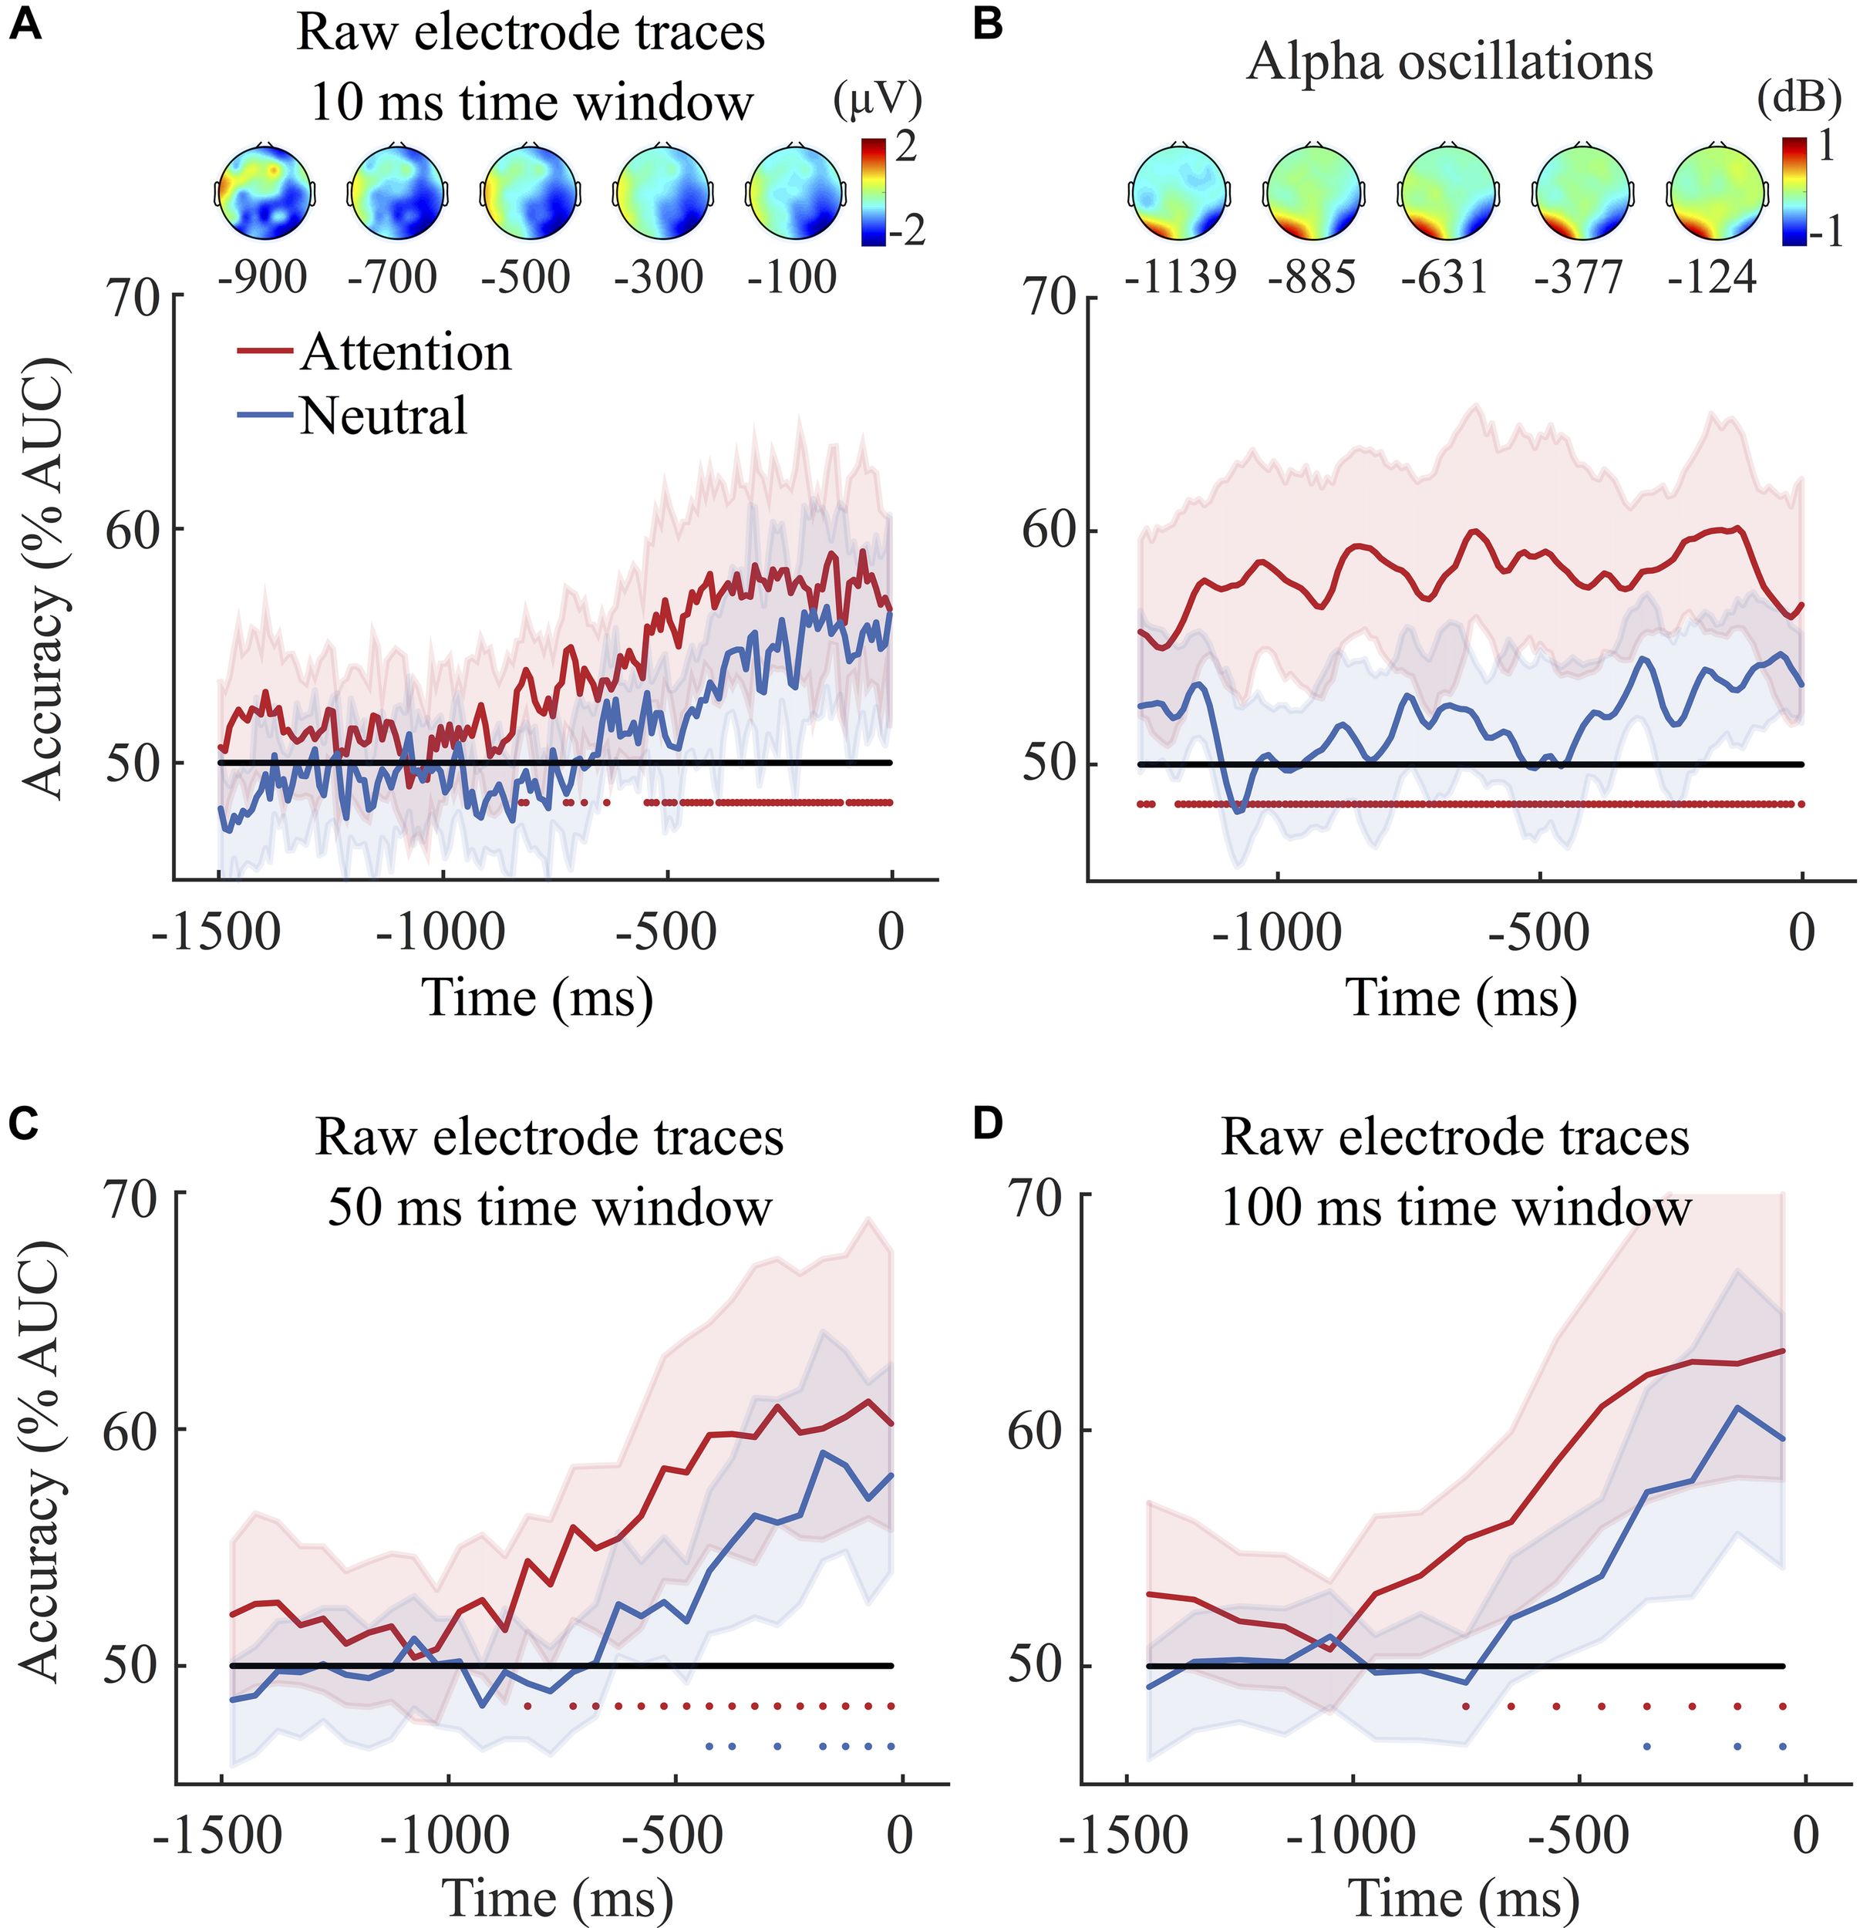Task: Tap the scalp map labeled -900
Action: (265, 192)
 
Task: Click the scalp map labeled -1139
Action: (1178, 192)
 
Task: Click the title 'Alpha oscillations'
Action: (1450, 62)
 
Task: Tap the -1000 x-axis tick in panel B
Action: (1277, 932)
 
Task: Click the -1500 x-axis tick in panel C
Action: (217, 1835)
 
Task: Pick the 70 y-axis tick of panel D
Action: (1035, 1199)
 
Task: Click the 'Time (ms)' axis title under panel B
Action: (1461, 997)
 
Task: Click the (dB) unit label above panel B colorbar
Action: (1799, 99)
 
